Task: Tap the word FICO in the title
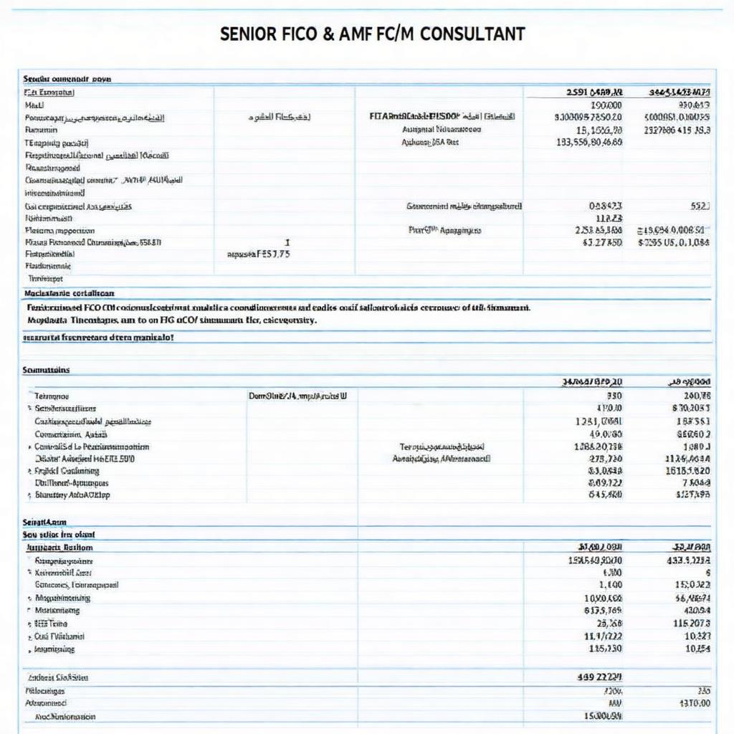[295, 34]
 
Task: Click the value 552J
[700, 206]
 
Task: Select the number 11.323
[609, 218]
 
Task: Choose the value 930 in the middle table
[614, 395]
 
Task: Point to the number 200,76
[696, 395]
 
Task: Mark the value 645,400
[605, 495]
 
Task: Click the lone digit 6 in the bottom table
[707, 573]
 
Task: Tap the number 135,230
[605, 649]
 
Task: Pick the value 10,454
[697, 649]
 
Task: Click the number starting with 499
[599, 676]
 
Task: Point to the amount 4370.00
[694, 703]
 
